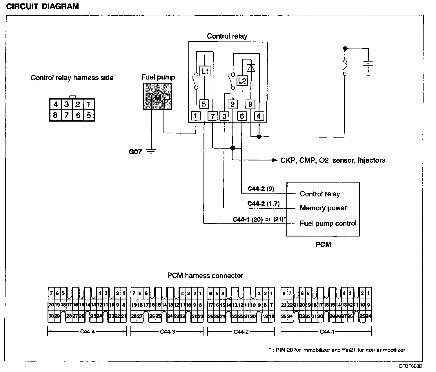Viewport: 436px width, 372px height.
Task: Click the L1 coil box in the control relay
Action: pos(205,71)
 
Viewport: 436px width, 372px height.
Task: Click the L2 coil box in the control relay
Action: pos(242,81)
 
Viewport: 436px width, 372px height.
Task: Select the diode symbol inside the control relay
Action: pos(251,68)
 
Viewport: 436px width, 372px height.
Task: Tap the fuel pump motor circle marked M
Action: pos(158,97)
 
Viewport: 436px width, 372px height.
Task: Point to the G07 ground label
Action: pos(135,151)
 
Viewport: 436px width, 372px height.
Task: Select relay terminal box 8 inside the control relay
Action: pos(250,104)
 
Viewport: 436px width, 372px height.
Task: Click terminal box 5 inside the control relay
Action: pos(204,104)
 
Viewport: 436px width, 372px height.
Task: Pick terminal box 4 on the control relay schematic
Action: pos(259,116)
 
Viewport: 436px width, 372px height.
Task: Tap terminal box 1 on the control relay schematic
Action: pos(196,116)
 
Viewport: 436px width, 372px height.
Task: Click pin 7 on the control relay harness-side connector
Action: pos(67,115)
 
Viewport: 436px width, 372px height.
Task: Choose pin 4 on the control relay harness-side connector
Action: pos(55,104)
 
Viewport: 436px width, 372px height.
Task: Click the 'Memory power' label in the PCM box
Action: pos(323,208)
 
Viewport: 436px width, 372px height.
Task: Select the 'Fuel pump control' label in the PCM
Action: pos(328,223)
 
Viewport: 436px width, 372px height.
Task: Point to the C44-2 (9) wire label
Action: pos(261,189)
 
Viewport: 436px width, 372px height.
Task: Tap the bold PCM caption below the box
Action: pos(323,245)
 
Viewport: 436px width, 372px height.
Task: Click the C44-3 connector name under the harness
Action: pos(167,332)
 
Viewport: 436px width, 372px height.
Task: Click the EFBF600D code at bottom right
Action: pos(410,366)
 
